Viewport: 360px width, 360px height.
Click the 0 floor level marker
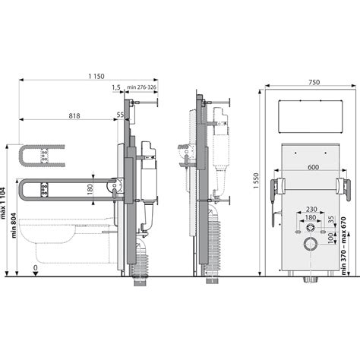36,268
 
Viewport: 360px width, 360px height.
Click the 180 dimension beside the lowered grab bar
90,189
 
